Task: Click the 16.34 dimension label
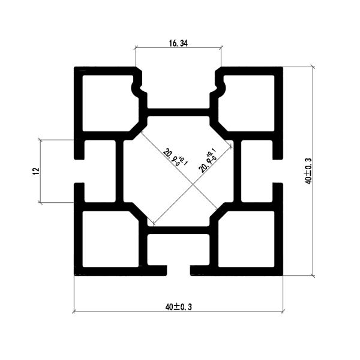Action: [178, 43]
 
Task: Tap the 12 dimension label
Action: [36, 171]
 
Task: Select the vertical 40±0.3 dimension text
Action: [308, 171]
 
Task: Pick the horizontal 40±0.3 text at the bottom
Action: [178, 307]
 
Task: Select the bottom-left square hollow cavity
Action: [110, 239]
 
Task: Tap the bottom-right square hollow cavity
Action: [247, 239]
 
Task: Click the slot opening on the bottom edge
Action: [179, 271]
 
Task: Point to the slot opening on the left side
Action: [79, 171]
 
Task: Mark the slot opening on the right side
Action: [278, 171]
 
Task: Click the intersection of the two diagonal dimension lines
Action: [193, 184]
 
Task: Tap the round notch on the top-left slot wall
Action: [136, 88]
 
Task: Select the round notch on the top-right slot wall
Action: [221, 88]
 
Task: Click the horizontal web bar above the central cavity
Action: [178, 112]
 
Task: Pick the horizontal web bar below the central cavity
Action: [178, 230]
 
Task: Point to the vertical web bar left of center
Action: [119, 171]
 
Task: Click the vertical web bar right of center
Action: [238, 171]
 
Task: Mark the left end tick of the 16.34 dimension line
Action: [136, 48]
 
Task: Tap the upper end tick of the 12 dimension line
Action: [40, 140]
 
